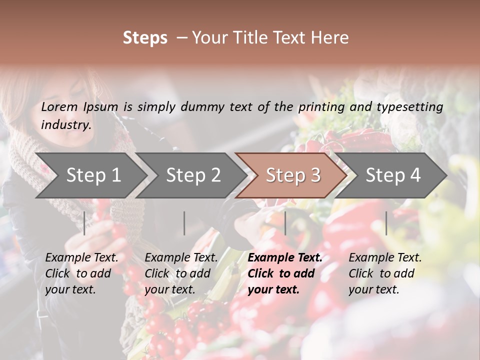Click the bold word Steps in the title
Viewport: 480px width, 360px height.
[x=145, y=38]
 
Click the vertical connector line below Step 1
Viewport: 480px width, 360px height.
[x=84, y=223]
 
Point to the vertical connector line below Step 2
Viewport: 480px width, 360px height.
[x=184, y=223]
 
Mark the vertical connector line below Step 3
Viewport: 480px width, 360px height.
[x=285, y=223]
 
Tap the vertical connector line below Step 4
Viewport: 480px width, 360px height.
[x=386, y=223]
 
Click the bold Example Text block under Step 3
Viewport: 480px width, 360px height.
[x=285, y=273]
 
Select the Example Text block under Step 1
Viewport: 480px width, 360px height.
[x=81, y=273]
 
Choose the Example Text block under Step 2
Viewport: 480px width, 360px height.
[x=181, y=273]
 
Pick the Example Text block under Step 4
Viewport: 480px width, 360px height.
[x=385, y=273]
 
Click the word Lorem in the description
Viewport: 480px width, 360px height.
[x=59, y=107]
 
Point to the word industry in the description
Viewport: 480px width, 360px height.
[x=65, y=125]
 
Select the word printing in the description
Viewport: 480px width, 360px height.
[x=320, y=107]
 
